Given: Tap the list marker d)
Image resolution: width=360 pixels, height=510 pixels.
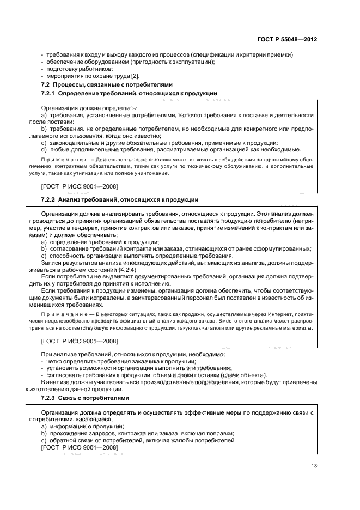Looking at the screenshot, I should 45,149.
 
